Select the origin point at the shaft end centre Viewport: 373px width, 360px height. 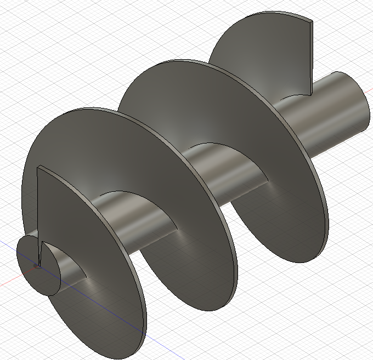(37, 265)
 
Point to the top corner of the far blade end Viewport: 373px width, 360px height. (311, 20)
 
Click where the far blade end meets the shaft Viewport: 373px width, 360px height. (311, 94)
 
